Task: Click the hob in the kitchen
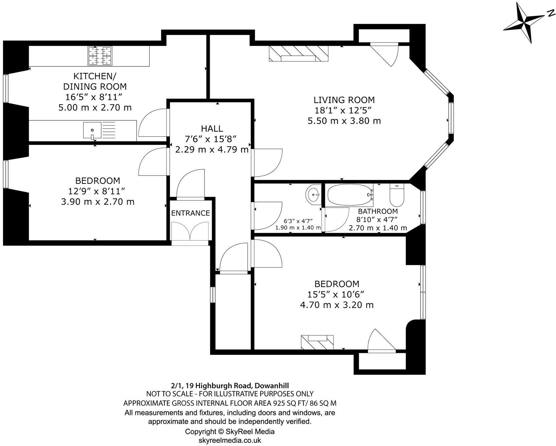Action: click(100, 55)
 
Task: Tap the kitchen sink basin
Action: click(92, 130)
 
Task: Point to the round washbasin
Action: click(313, 194)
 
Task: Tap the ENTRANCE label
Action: click(190, 213)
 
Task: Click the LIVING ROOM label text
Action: click(344, 100)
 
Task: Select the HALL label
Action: click(212, 129)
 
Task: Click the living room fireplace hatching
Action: click(298, 53)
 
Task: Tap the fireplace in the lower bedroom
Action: click(317, 342)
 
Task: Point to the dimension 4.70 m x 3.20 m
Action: click(336, 305)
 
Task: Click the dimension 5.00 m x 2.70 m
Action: click(95, 107)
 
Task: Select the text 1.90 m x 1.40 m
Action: click(298, 228)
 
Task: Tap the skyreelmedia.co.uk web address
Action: click(230, 440)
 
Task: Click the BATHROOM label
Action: click(378, 211)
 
